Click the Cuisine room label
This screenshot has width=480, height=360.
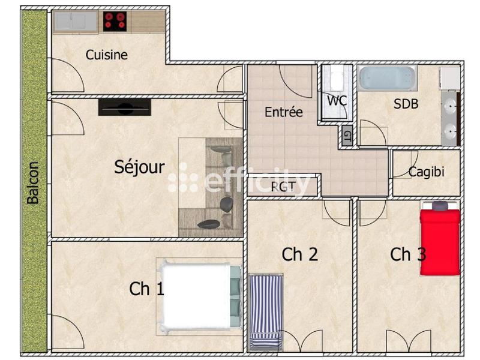click(106, 55)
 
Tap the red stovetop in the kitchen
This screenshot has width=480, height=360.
click(115, 22)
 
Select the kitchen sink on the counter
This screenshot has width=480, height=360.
click(75, 22)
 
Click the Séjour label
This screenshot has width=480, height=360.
click(139, 167)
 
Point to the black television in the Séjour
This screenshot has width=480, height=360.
click(124, 107)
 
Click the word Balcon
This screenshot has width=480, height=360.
click(34, 183)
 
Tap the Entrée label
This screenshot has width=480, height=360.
click(283, 112)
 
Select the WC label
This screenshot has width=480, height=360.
click(337, 101)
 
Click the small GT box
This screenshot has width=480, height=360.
click(347, 136)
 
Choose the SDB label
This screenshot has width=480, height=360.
click(406, 104)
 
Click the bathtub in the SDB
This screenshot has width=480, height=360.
click(387, 78)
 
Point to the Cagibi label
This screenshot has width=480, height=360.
click(426, 172)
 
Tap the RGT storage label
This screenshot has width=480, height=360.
click(283, 186)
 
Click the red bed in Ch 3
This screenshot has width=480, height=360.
click(440, 239)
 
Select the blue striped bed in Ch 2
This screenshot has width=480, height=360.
click(266, 311)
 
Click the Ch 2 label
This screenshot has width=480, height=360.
click(299, 254)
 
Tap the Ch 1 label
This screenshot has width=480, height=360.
click(146, 289)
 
